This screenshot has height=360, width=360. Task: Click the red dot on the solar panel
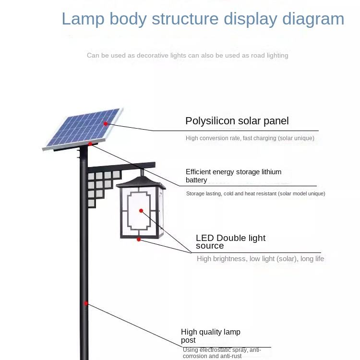pyautogui.click(x=106, y=123)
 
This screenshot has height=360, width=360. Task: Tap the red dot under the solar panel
pyautogui.click(x=90, y=144)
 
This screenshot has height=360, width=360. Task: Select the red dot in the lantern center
pyautogui.click(x=141, y=211)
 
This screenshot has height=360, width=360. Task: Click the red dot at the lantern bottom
pyautogui.click(x=139, y=239)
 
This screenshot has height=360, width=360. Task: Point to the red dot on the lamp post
pyautogui.click(x=86, y=303)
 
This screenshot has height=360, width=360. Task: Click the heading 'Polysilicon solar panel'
pyautogui.click(x=237, y=121)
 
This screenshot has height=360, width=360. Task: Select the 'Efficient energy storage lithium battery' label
pyautogui.click(x=233, y=176)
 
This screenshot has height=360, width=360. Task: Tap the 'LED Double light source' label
pyautogui.click(x=230, y=242)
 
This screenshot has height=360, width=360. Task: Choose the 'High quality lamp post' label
pyautogui.click(x=210, y=336)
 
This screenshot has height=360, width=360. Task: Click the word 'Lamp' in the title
pyautogui.click(x=83, y=19)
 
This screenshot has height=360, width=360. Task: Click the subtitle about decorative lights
pyautogui.click(x=187, y=55)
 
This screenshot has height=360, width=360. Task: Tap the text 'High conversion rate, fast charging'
pyautogui.click(x=250, y=138)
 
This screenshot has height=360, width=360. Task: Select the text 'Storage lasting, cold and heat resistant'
pyautogui.click(x=255, y=193)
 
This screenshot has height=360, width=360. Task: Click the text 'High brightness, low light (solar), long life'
pyautogui.click(x=260, y=259)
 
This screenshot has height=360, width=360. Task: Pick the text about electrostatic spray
pyautogui.click(x=222, y=353)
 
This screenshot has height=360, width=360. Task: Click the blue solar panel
pyautogui.click(x=84, y=128)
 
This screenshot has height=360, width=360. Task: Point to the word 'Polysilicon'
pyautogui.click(x=210, y=121)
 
